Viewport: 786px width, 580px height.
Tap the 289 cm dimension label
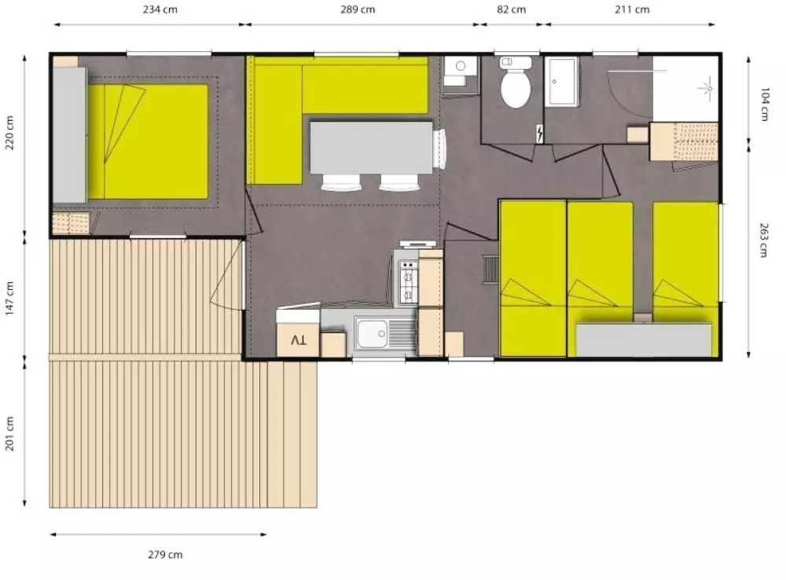(357, 10)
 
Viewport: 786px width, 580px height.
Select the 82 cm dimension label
(512, 10)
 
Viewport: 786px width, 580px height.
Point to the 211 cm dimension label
(632, 10)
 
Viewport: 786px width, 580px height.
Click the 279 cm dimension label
(165, 555)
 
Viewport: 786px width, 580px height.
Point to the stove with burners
(409, 283)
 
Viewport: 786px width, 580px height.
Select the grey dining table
(371, 147)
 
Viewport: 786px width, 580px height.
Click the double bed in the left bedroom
(149, 141)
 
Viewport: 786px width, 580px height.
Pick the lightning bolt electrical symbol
(539, 134)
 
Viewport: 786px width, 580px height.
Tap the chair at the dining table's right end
(439, 147)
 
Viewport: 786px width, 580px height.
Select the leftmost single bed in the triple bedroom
(533, 279)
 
